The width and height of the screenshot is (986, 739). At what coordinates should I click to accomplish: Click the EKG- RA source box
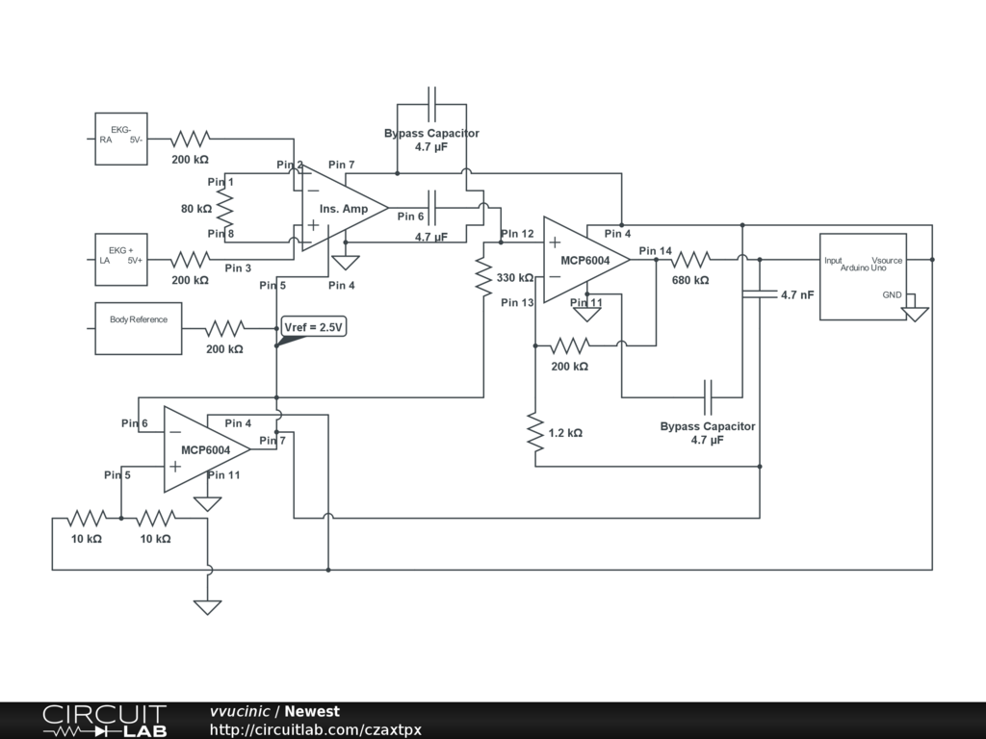[x=121, y=138]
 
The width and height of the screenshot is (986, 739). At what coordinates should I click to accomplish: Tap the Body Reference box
[x=139, y=327]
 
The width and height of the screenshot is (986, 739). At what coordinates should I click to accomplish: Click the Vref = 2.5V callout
[x=314, y=327]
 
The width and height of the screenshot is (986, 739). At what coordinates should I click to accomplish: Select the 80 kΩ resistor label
[x=195, y=208]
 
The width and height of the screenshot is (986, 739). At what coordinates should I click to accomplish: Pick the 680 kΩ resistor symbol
[x=690, y=259]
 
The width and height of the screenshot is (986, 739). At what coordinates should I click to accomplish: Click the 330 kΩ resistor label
[x=515, y=278]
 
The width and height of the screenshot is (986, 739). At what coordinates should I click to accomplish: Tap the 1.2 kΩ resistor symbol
[x=534, y=432]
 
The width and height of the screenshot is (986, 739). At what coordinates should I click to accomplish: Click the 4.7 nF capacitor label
[x=797, y=294]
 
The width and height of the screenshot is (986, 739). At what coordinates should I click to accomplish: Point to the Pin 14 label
[x=655, y=251]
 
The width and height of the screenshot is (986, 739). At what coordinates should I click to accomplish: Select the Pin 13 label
[x=517, y=302]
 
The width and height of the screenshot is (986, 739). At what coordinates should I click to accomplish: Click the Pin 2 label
[x=290, y=165]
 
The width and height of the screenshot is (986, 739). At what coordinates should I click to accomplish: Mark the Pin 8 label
[x=221, y=234]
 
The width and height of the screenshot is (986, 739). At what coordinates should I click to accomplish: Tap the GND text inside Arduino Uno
[x=893, y=294]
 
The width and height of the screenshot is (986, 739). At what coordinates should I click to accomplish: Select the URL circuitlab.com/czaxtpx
[x=316, y=729]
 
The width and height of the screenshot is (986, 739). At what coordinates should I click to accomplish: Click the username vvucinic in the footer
[x=240, y=711]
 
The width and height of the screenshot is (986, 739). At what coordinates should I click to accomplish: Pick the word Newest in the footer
[x=312, y=711]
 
